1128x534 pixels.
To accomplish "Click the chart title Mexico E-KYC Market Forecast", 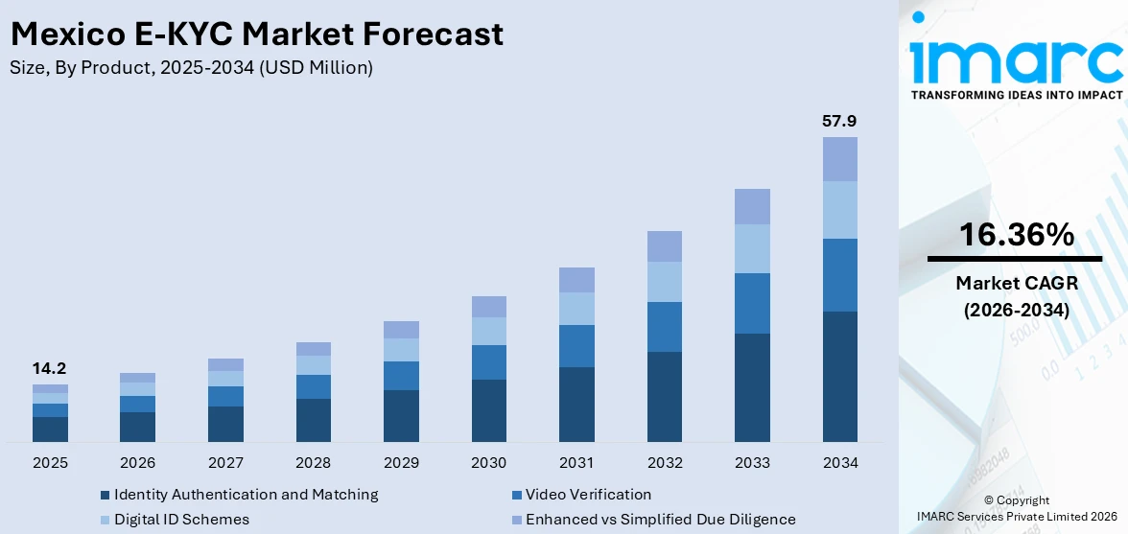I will pyautogui.click(x=256, y=35).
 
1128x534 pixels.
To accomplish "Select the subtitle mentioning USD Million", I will pyautogui.click(x=191, y=68).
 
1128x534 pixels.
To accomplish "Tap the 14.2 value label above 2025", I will pyautogui.click(x=50, y=369).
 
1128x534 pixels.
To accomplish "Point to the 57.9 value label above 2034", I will pyautogui.click(x=839, y=122).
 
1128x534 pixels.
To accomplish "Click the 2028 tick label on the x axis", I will pyautogui.click(x=313, y=463).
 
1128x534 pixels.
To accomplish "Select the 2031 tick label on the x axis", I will pyautogui.click(x=576, y=463).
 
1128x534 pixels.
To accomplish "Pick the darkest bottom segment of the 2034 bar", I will pyautogui.click(x=839, y=376).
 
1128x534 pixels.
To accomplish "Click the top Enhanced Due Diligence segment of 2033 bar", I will pyautogui.click(x=752, y=206).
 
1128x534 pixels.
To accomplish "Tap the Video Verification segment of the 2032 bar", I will pyautogui.click(x=664, y=327).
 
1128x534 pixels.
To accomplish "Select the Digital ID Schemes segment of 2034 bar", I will pyautogui.click(x=839, y=210).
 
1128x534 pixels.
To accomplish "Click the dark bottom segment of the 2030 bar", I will pyautogui.click(x=488, y=410).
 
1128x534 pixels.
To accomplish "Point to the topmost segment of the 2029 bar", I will pyautogui.click(x=401, y=330).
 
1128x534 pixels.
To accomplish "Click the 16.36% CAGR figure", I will pyautogui.click(x=1015, y=235).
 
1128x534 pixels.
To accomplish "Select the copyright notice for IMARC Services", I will pyautogui.click(x=1016, y=508).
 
